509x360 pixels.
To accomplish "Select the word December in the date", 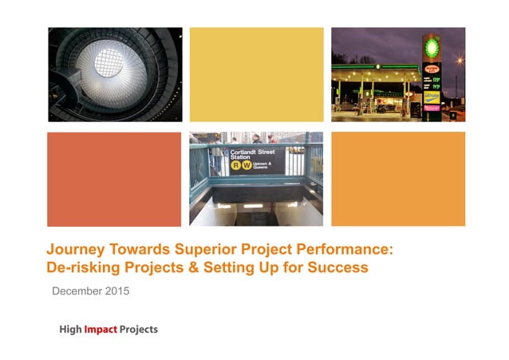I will point(77,291).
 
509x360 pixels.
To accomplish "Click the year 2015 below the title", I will point(116,291).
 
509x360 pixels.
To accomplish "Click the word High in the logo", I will point(72,330).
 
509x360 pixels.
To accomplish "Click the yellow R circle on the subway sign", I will point(235,167).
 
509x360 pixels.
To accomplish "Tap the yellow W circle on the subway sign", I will point(247,167).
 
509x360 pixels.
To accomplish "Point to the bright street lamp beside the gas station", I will point(460,59).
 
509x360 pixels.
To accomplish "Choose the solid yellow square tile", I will point(256,74).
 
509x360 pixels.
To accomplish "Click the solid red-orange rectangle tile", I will point(114,179).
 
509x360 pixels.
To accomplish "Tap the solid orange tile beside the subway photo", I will point(397,179).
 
